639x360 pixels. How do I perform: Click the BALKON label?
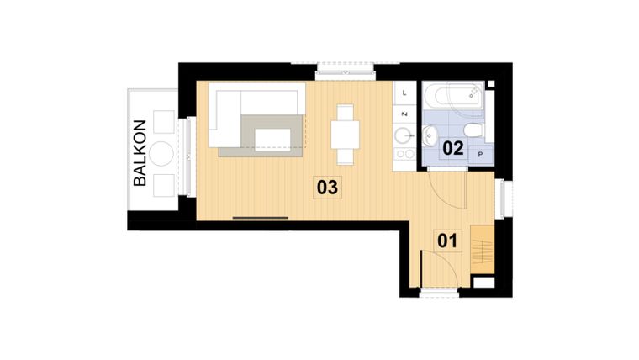140,152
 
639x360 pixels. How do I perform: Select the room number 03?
327,187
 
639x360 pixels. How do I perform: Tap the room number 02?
453,148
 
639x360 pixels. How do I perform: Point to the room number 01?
447,241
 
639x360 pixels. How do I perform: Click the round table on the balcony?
161,153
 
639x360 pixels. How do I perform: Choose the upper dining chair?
345,113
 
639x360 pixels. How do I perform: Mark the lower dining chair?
345,156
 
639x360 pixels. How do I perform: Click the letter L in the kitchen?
405,92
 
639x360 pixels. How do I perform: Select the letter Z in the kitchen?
405,113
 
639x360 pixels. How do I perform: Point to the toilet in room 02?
473,130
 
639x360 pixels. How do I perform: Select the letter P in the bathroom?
481,155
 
